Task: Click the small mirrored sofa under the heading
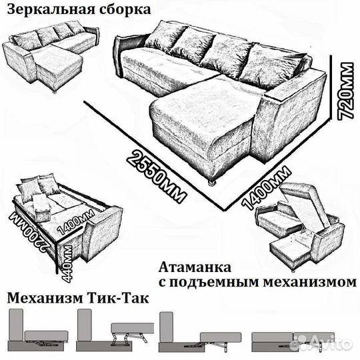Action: [49, 57]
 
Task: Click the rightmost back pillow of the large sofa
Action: [273, 65]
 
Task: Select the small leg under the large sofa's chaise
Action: [213, 181]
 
